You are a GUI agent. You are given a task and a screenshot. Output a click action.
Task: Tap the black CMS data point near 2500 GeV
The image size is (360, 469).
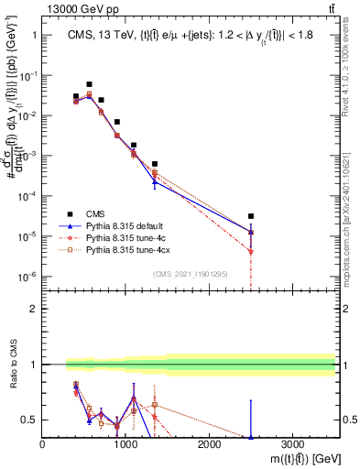(x=250, y=216)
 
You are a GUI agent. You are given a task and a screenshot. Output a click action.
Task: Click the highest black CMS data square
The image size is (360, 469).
(x=89, y=84)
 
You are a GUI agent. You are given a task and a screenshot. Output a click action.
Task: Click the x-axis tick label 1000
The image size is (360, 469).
(x=125, y=444)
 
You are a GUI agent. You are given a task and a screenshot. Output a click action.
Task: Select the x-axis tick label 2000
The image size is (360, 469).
(x=209, y=444)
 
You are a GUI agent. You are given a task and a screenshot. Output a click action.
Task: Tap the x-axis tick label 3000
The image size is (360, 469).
(x=292, y=444)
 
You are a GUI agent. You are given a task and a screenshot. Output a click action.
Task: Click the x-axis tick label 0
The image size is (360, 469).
(x=42, y=444)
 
